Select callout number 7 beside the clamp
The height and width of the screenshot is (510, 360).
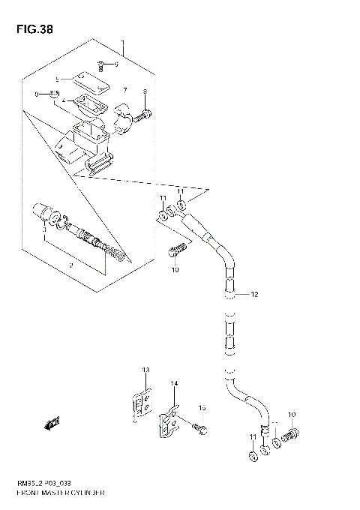(x=124, y=91)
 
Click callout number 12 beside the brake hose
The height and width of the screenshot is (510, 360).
(x=253, y=295)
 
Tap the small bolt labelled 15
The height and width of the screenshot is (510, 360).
(x=200, y=429)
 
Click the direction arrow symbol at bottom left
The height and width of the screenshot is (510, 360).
(x=53, y=425)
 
